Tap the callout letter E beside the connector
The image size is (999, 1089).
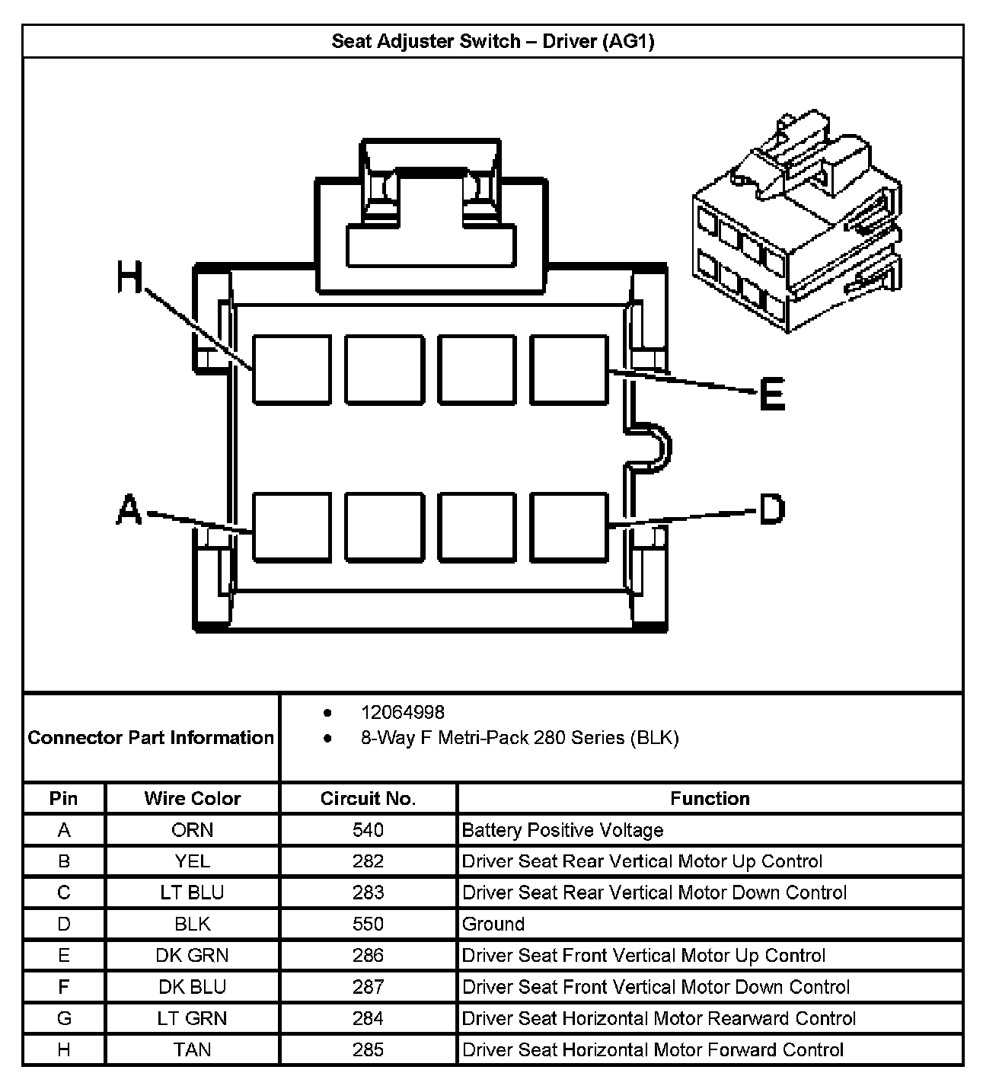click(772, 395)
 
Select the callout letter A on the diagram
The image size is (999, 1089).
click(129, 509)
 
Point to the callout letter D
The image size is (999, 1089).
click(772, 509)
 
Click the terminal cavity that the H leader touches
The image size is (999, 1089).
click(292, 369)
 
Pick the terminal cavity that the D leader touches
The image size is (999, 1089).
click(570, 526)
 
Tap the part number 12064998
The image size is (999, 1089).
click(403, 712)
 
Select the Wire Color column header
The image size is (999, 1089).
click(193, 798)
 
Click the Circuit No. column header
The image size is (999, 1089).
click(368, 798)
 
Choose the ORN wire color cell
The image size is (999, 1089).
click(193, 830)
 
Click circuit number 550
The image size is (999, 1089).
click(368, 924)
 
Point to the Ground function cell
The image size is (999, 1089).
click(493, 924)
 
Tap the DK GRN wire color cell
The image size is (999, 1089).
click(193, 955)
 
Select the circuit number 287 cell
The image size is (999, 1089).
click(368, 987)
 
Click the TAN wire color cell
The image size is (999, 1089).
click(193, 1049)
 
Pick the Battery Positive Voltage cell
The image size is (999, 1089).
click(563, 830)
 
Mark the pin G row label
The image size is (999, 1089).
click(64, 1018)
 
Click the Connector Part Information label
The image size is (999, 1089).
click(151, 737)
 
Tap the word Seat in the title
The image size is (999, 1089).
click(348, 41)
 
